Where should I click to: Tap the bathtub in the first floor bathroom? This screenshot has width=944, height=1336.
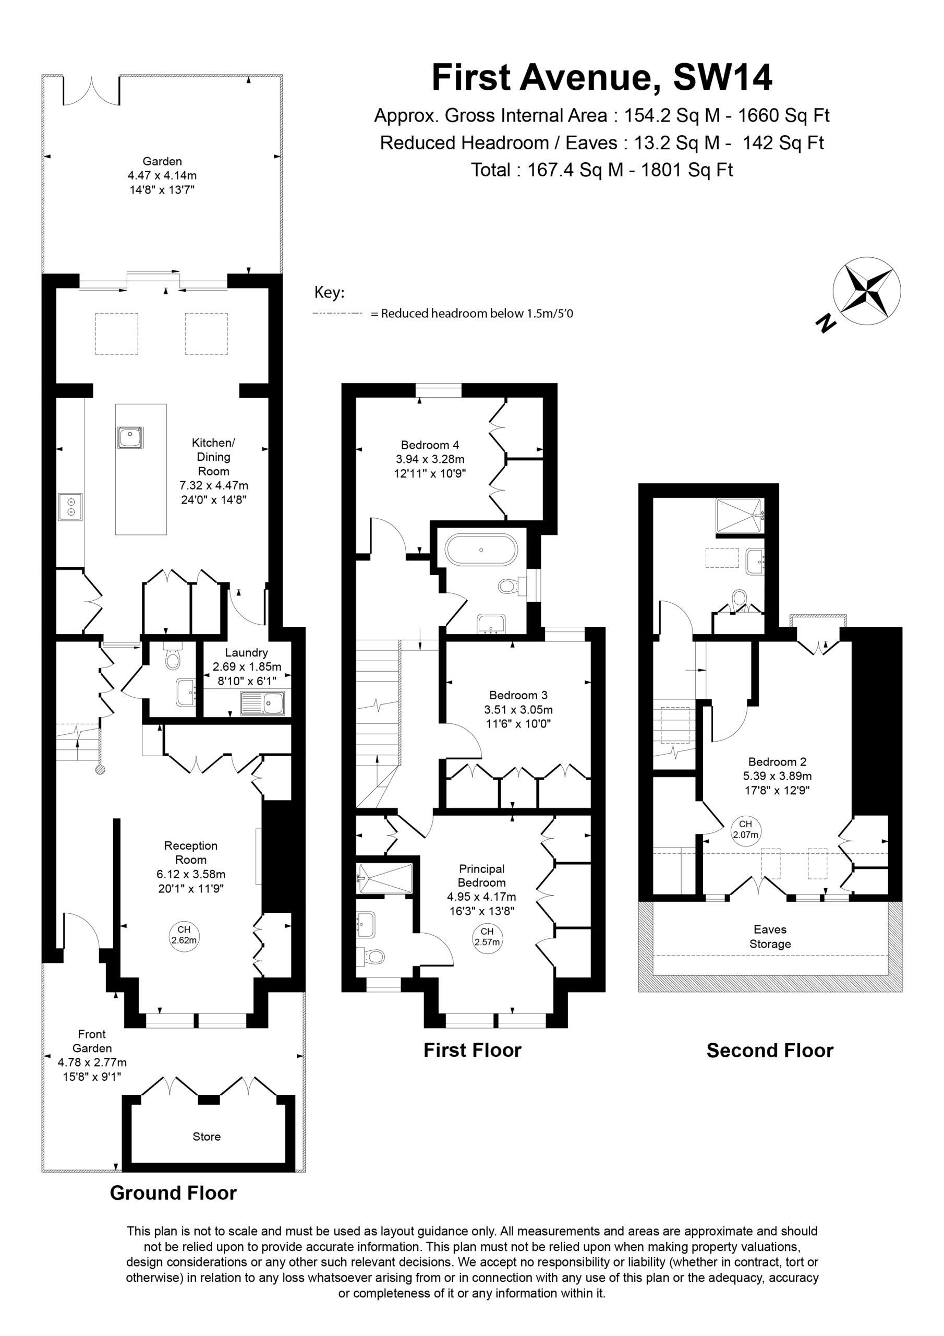tap(481, 550)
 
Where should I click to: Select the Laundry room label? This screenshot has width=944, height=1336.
tap(247, 652)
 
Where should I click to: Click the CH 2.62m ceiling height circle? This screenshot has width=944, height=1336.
tap(184, 934)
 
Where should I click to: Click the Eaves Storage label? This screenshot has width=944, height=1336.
tap(770, 936)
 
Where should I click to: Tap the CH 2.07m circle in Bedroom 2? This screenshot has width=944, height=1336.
tap(746, 829)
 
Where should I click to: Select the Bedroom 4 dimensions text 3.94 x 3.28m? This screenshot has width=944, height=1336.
tap(430, 459)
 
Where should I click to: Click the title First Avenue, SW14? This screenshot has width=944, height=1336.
tap(602, 77)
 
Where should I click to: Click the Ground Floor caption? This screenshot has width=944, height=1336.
tap(173, 1193)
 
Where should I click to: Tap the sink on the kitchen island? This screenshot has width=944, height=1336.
tap(130, 437)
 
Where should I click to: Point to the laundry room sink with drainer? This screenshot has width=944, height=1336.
tap(263, 703)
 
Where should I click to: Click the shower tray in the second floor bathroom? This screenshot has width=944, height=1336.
tap(739, 515)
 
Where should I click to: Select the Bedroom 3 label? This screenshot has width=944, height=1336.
tap(518, 695)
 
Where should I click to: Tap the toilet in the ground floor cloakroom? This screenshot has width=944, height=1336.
tap(173, 655)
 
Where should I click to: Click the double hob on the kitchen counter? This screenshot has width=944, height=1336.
tap(70, 507)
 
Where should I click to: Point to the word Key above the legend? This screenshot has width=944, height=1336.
tap(329, 293)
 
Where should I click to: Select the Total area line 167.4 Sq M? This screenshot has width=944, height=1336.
tap(602, 170)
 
